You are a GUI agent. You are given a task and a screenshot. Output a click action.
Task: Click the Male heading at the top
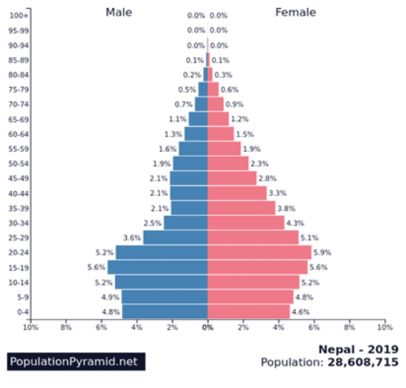[120, 12]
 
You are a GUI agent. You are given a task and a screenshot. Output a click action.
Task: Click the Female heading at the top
[295, 12]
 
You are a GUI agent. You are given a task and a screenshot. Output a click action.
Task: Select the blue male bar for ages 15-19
[157, 267]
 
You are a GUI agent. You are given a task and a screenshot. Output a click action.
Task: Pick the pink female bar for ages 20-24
[259, 252]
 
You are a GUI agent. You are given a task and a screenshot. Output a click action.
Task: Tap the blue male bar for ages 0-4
[165, 311]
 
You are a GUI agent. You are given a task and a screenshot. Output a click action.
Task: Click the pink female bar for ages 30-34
[245, 223]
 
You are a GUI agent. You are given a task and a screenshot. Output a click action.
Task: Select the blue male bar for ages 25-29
[175, 238]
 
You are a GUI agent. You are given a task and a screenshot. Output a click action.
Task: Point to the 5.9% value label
[322, 252]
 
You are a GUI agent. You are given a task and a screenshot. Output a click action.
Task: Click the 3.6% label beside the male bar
[131, 238]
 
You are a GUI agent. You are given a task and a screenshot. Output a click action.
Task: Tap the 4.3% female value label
[295, 223]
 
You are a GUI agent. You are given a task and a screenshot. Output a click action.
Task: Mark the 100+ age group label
[20, 15]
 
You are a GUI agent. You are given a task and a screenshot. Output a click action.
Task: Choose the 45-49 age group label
[18, 178]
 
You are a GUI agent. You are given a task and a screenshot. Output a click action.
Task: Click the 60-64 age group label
[18, 134]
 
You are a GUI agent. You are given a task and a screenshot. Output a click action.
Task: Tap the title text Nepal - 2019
[358, 349]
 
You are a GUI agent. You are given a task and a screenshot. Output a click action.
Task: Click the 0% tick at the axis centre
[207, 326]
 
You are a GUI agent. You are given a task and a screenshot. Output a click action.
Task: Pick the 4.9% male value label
[110, 297]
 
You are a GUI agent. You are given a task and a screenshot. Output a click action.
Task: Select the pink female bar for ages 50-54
[227, 163]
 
